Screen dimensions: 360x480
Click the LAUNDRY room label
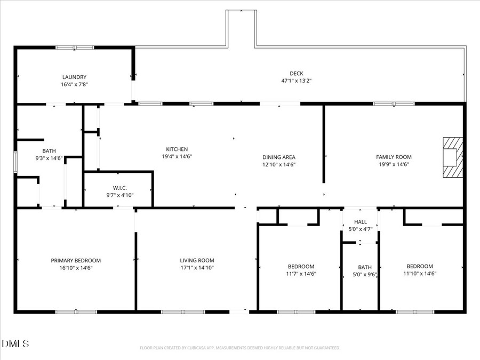click(x=74, y=77)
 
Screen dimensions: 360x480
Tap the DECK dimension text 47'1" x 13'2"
click(x=296, y=81)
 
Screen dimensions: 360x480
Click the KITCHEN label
click(x=177, y=149)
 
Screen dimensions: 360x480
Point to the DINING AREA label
click(x=278, y=157)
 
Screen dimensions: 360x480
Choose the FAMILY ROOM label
click(x=394, y=157)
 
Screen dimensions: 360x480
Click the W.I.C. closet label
click(x=119, y=188)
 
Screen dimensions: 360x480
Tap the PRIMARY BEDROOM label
click(x=76, y=260)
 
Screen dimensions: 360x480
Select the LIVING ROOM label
click(x=197, y=260)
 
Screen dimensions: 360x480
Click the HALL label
click(x=361, y=221)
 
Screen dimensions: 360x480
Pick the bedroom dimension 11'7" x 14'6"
click(x=301, y=274)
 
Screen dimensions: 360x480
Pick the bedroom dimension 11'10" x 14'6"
click(x=420, y=274)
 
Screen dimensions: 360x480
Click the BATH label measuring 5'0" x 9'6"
click(x=365, y=267)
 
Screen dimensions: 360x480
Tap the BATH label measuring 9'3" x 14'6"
click(x=49, y=151)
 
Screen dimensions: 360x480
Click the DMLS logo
click(x=15, y=343)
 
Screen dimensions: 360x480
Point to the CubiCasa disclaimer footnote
click(x=239, y=348)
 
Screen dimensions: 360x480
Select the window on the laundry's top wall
click(x=75, y=47)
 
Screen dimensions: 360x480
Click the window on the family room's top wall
click(x=394, y=103)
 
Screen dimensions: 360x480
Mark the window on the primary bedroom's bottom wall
click(x=76, y=311)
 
